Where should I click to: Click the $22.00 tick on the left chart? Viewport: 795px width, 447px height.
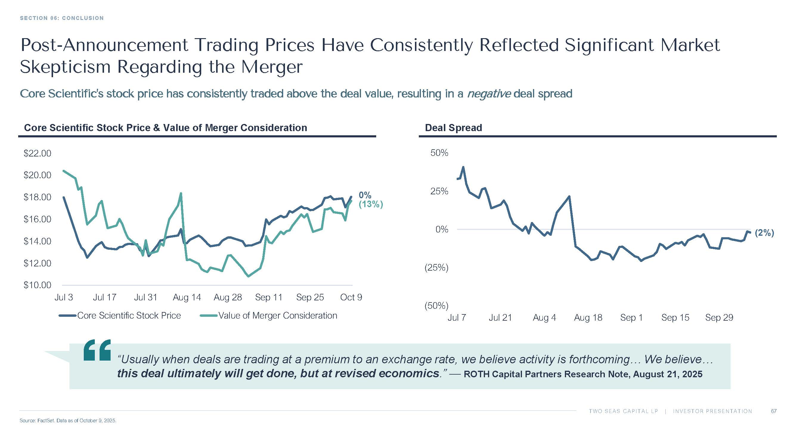[x=37, y=153]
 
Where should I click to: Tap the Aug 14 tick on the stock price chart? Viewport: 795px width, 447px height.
[x=187, y=297]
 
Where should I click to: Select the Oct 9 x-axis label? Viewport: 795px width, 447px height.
[x=351, y=297]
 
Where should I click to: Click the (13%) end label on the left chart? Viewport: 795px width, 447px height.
[x=371, y=204]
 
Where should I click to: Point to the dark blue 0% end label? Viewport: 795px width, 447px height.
[x=365, y=195]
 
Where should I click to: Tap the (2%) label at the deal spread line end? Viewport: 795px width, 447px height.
[x=765, y=233]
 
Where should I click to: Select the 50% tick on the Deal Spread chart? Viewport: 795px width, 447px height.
[x=439, y=153]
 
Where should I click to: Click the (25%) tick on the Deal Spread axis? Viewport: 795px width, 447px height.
[x=436, y=268]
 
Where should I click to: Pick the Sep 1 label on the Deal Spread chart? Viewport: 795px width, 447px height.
[x=631, y=318]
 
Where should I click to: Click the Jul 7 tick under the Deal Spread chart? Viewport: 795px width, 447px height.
[x=457, y=318]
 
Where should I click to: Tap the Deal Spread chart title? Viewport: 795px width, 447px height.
[x=453, y=128]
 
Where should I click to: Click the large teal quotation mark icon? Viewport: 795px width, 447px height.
[x=97, y=350]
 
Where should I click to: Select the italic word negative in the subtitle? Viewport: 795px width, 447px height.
[x=489, y=94]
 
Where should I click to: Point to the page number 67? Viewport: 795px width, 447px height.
[x=774, y=411]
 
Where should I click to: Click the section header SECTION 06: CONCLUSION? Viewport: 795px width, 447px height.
[x=62, y=18]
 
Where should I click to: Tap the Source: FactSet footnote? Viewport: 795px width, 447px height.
[x=68, y=421]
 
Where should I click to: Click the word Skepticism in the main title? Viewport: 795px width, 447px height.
[x=65, y=67]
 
